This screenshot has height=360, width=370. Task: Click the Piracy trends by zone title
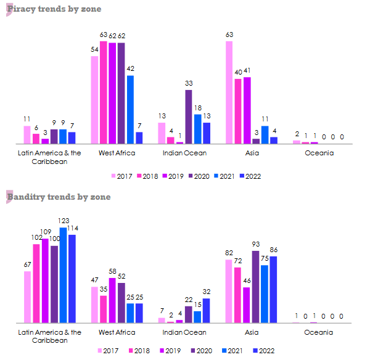click(x=54, y=9)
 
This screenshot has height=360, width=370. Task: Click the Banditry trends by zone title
click(x=59, y=197)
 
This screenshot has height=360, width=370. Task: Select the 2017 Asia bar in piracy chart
click(x=229, y=92)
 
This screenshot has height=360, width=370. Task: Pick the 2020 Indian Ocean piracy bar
click(x=189, y=117)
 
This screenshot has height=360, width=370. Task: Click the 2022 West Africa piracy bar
click(x=139, y=137)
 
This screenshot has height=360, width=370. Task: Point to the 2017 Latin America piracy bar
click(x=27, y=134)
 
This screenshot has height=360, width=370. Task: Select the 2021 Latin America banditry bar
click(x=63, y=276)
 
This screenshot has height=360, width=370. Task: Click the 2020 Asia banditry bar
click(x=255, y=287)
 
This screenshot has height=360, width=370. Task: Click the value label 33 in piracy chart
click(x=189, y=83)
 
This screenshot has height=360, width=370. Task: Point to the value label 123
click(x=63, y=221)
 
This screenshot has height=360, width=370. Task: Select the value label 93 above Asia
click(x=255, y=244)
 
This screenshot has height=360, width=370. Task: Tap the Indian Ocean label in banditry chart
click(x=184, y=332)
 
